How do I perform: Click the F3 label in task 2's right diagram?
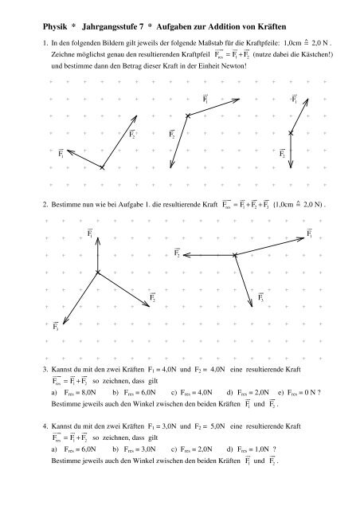[262, 298]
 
